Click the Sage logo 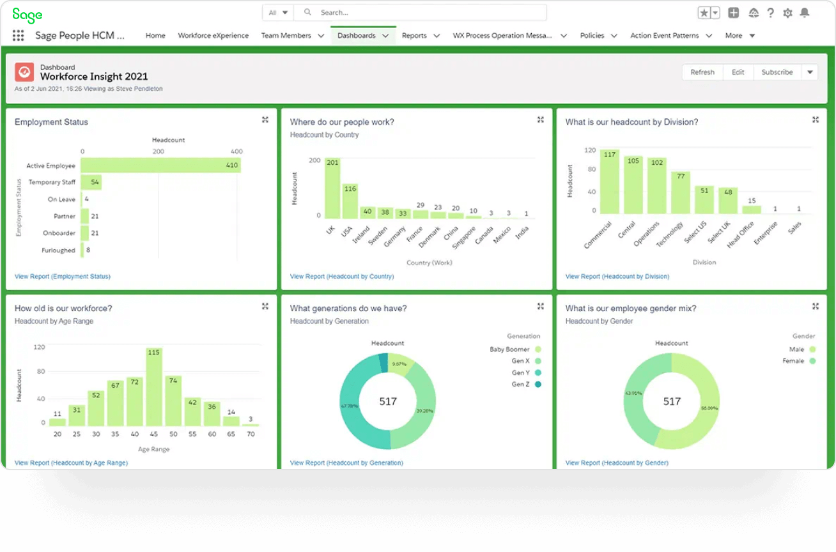(27, 15)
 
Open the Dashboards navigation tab (357, 36)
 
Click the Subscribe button (777, 72)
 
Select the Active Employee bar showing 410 (160, 165)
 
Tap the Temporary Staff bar (91, 183)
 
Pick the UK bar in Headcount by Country (332, 188)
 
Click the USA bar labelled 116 (350, 201)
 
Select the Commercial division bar (609, 182)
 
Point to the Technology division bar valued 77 (680, 192)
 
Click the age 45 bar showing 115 (153, 387)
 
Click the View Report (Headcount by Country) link (341, 277)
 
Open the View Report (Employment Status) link (62, 277)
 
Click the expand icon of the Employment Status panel (265, 119)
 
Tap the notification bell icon (804, 13)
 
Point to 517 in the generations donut (388, 401)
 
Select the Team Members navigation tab (286, 36)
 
